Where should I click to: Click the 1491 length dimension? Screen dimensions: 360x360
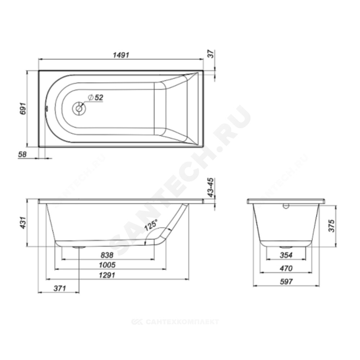pyautogui.click(x=121, y=55)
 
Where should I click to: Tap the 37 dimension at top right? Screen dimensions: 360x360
pyautogui.click(x=211, y=54)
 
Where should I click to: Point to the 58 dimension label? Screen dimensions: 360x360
pyautogui.click(x=22, y=154)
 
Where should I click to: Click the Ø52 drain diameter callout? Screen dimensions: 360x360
pyautogui.click(x=95, y=98)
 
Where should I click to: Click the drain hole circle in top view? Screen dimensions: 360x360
pyautogui.click(x=79, y=108)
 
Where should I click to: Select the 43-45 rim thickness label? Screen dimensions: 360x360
pyautogui.click(x=211, y=187)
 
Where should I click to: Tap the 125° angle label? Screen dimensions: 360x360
pyautogui.click(x=151, y=225)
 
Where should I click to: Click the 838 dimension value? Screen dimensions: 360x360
pyautogui.click(x=107, y=255)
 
